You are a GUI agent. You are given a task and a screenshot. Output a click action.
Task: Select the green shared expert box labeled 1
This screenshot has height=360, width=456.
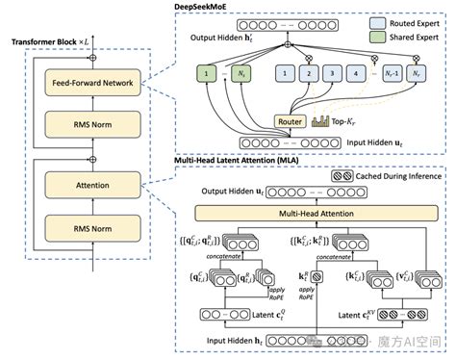[206, 71]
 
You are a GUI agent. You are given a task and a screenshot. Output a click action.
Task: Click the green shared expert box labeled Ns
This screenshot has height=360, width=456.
[244, 71]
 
